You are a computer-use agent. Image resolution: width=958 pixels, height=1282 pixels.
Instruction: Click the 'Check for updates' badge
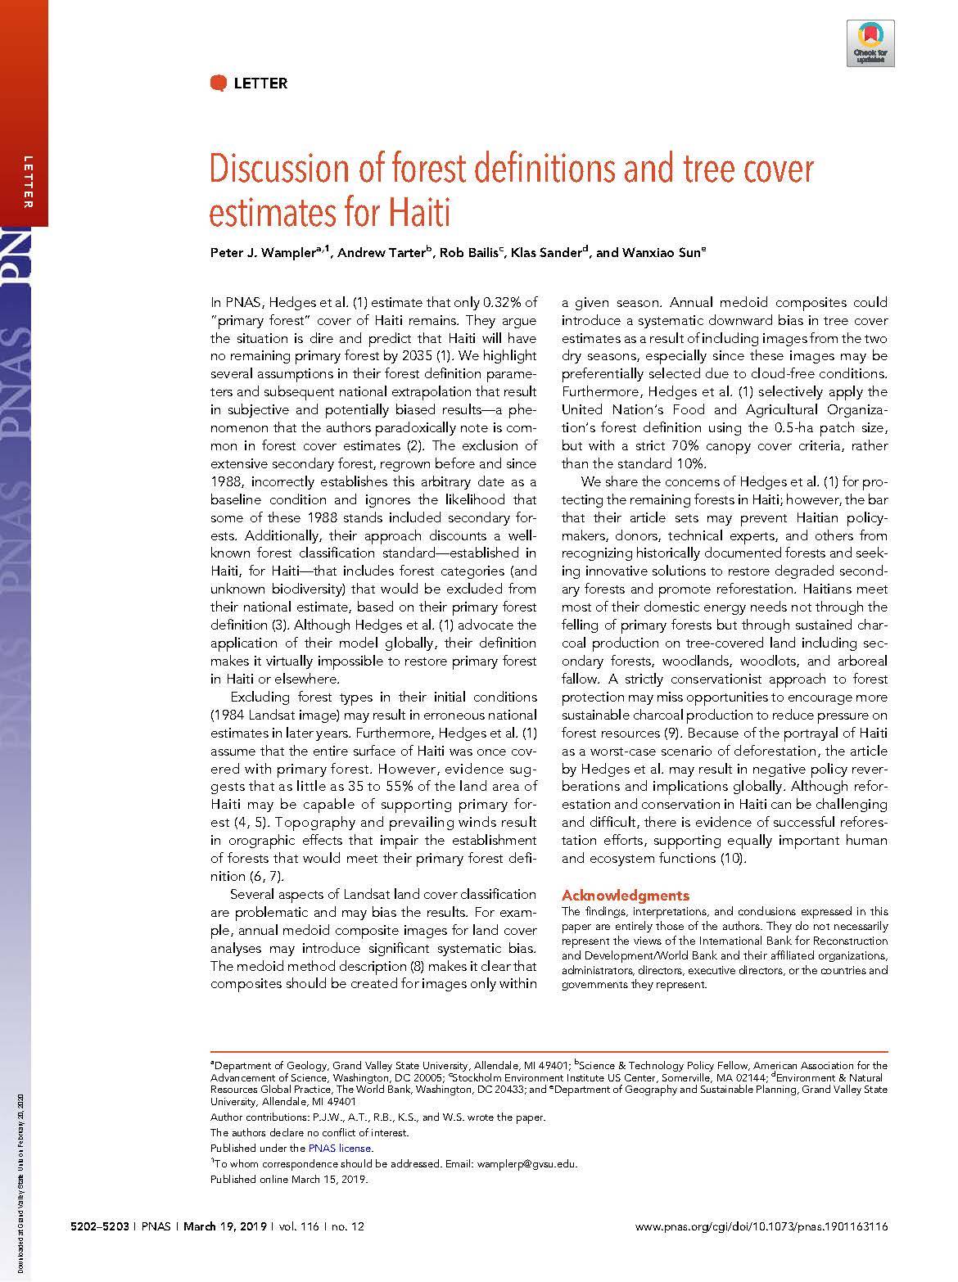point(870,44)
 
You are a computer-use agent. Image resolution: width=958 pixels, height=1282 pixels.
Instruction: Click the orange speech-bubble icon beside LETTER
point(218,82)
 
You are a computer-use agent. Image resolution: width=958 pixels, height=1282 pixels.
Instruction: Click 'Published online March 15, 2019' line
point(289,1179)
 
